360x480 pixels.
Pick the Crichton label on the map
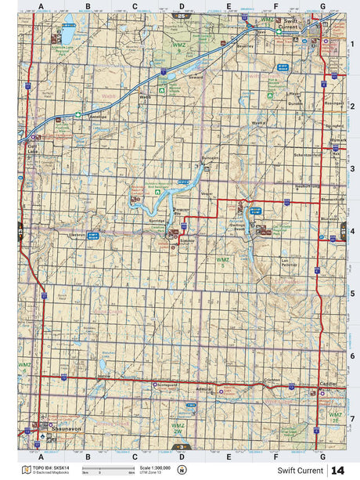coord(273,379)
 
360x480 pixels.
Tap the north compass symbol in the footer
coord(182,470)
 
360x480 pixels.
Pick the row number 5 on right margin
coord(352,294)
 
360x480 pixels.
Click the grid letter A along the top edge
coord(41,6)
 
